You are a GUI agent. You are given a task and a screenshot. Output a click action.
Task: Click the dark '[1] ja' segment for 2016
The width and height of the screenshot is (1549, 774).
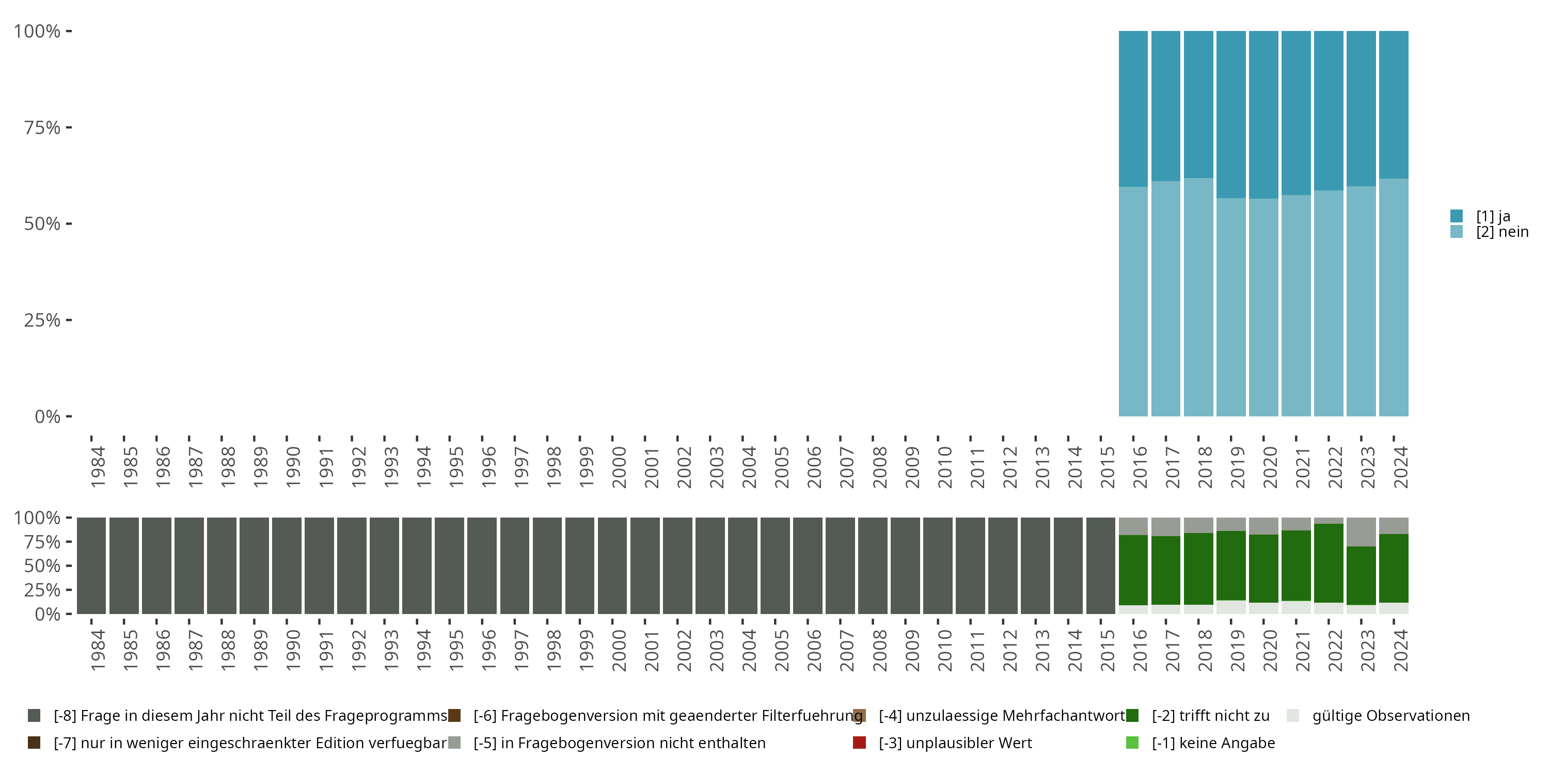tap(1133, 108)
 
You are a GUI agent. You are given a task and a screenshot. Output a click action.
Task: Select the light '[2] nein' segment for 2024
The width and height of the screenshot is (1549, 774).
tap(1393, 297)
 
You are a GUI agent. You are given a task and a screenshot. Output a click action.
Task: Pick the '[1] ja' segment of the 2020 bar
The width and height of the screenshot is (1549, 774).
tap(1263, 114)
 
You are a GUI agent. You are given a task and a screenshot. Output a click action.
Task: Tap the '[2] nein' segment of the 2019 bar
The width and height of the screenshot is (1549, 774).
tap(1231, 307)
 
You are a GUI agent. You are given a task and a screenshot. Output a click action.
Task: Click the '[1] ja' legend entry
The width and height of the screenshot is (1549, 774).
tap(1493, 216)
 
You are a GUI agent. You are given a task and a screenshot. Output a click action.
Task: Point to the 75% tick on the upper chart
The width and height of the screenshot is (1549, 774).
tap(42, 127)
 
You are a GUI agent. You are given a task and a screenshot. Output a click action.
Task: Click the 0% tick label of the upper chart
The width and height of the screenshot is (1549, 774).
tap(48, 416)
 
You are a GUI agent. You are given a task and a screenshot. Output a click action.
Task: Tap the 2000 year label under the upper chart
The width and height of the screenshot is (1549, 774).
tap(619, 467)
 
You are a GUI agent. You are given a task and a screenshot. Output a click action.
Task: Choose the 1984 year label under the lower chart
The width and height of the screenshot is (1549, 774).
tap(98, 650)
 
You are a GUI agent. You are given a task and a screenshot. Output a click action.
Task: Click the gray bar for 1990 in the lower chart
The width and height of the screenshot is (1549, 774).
tap(286, 566)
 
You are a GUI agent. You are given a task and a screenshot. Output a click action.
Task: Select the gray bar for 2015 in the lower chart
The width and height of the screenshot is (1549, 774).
tap(1100, 566)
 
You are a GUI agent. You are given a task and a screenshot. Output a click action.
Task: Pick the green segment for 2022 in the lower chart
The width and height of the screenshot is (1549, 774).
tap(1329, 563)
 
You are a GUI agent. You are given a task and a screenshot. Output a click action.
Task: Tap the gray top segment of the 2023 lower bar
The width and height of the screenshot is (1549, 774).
tap(1361, 532)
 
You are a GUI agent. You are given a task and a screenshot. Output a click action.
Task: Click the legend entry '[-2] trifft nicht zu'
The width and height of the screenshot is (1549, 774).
tap(1210, 716)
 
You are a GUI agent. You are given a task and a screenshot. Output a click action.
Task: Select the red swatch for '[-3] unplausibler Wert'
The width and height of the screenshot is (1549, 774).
tap(859, 743)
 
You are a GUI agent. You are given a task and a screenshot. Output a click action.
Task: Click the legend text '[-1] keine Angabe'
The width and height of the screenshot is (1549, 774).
tap(1213, 743)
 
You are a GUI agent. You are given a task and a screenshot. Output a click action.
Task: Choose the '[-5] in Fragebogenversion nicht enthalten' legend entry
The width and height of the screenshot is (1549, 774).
tap(619, 743)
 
